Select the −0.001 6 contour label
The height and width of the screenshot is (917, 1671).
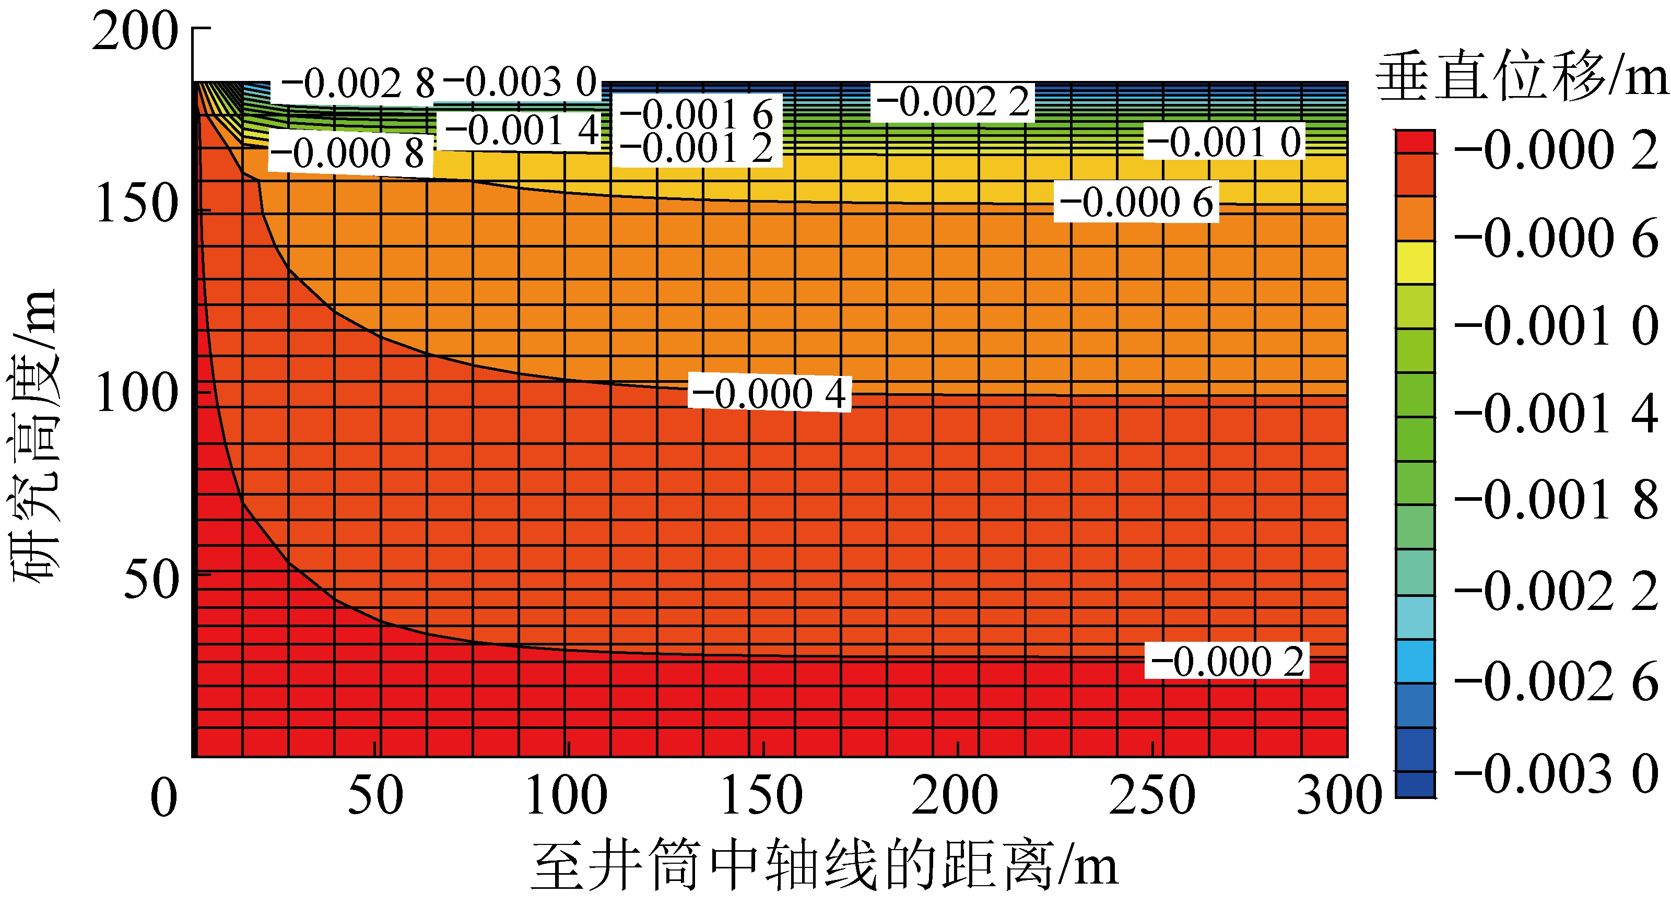(697, 115)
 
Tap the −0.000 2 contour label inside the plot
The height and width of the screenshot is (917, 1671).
(1227, 662)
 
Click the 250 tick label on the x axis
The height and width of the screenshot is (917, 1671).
(1152, 795)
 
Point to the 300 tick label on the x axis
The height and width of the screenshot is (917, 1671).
(1337, 795)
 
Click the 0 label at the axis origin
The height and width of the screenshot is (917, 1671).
(163, 797)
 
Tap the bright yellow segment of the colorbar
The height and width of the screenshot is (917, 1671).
(1415, 262)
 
